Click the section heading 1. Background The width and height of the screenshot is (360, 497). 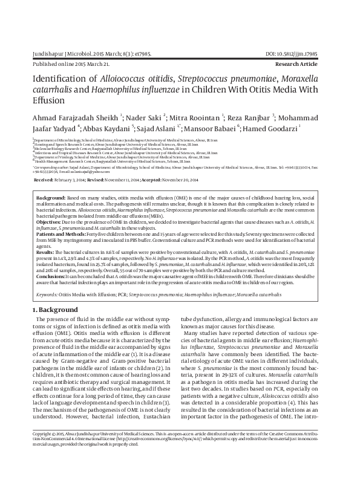(55, 310)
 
